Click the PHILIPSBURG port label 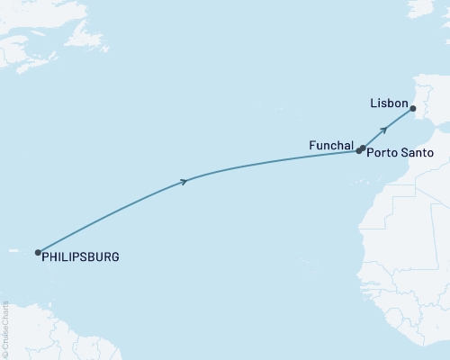click(x=80, y=257)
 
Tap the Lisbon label click(x=389, y=103)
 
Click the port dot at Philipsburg click(x=38, y=253)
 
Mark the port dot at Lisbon click(x=413, y=110)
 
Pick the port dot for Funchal click(x=358, y=151)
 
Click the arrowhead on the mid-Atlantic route click(x=184, y=182)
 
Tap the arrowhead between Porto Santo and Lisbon click(x=384, y=130)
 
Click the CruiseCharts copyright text click(x=5, y=328)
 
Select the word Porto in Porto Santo click(x=382, y=153)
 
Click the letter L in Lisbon click(x=373, y=103)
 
